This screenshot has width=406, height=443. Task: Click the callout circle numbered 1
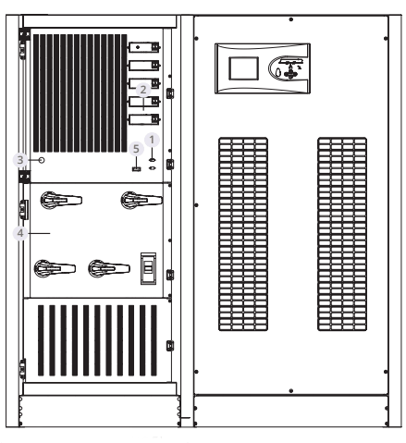coord(152,140)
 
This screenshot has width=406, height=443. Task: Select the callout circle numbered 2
coord(143,90)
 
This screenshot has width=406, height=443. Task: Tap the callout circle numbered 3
coord(20,160)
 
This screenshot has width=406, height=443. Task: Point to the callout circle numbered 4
coord(20,233)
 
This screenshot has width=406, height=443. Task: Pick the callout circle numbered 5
coord(136,149)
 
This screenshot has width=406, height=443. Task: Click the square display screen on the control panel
coord(243,68)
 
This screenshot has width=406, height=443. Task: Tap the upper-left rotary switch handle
coord(61,200)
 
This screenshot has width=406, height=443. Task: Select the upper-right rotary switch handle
coord(141,200)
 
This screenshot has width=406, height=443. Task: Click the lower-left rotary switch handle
coord(55,268)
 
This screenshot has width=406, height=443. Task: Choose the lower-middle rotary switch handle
coord(109,268)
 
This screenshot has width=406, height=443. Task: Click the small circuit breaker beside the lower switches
coord(148,268)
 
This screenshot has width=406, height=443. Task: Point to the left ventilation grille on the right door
coord(243,234)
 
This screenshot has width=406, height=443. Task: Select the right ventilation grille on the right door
coord(342,234)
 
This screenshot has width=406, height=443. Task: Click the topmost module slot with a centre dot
coord(144,47)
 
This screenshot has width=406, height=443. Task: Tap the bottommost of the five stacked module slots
coord(144,119)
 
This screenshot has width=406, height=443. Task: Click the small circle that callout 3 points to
coord(42,160)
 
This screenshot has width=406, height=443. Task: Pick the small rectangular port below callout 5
coord(137,169)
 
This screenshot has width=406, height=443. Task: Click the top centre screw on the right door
coord(291,19)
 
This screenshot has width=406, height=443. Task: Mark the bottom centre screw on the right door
coord(291,391)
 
